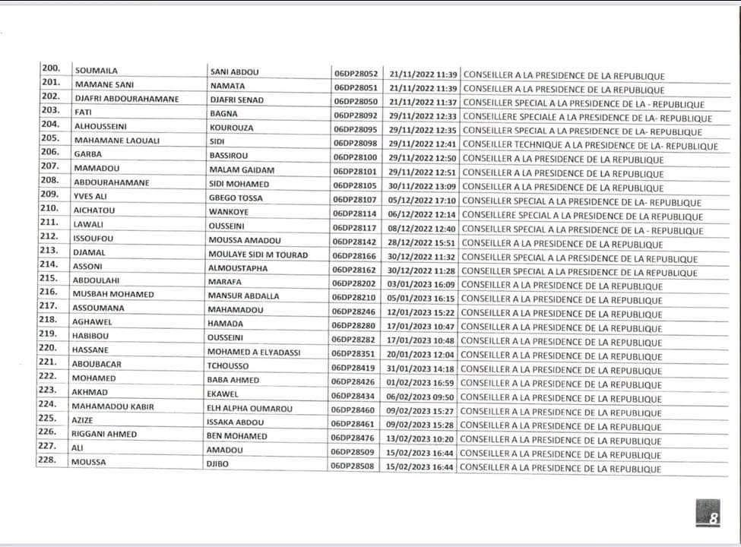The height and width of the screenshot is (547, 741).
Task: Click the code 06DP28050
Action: pos(355,102)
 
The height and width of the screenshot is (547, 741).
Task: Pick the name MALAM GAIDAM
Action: pos(241,173)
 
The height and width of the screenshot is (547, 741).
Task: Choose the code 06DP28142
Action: pos(354,243)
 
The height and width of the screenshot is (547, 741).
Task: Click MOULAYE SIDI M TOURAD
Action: pos(258,256)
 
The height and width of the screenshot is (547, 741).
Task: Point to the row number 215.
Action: pos(50,279)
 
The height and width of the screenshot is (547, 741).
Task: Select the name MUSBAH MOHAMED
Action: pos(114,294)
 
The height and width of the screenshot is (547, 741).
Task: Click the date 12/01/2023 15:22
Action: pos(420,312)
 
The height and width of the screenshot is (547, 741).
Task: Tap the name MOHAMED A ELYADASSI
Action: pos(255,353)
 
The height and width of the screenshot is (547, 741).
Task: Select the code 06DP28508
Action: pos(353,466)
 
